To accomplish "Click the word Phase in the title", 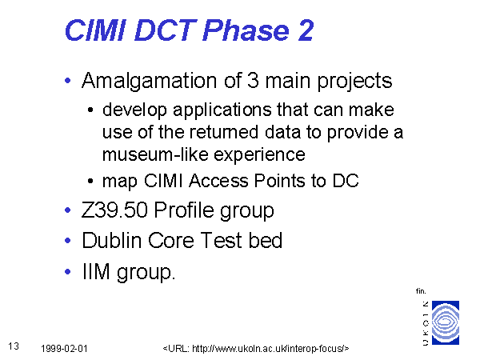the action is pos(246,30).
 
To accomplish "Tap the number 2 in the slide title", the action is pos(306,30).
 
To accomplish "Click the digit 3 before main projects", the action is pos(253,80).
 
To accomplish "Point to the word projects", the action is pos(354,82).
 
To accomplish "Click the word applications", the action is pos(222,110).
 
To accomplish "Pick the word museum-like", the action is pos(155,154).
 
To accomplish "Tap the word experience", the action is pos(259,155).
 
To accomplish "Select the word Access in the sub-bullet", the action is pos(218,181).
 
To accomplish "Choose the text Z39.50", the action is pos(114,210).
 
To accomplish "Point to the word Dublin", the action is pos(112,240).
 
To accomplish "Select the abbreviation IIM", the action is pos(96,271).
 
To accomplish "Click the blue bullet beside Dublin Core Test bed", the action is pos(68,241).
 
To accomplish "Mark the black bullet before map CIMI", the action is pos(90,181).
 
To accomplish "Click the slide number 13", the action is pos(14,346).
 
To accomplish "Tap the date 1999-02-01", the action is pos(64,349).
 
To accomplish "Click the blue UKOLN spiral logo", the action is pos(446,322).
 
